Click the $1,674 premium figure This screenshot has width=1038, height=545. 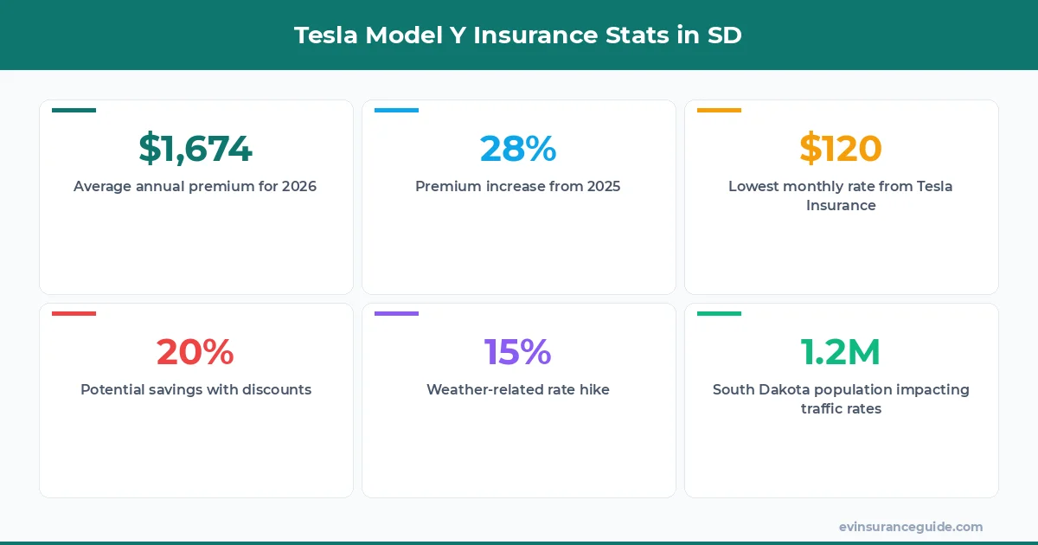coord(195,149)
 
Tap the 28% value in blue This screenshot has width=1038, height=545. coord(518,149)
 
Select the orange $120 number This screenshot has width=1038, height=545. coord(841,149)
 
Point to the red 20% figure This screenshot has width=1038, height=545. coord(195,352)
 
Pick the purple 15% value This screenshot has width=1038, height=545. coord(518,352)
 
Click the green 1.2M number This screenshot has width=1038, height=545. coord(841,352)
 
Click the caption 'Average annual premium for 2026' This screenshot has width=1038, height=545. coord(195,186)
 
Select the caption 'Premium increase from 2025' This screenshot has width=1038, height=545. coord(518,186)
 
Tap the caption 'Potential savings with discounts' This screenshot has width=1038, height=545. coord(195,389)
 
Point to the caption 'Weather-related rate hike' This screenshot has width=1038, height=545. coord(518,389)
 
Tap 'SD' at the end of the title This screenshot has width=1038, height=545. coord(725,35)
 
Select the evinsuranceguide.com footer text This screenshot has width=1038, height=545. coord(911,526)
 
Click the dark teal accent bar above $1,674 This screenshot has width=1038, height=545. coord(74,110)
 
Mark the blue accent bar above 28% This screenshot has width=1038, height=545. coord(396,110)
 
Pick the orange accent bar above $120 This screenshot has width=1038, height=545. coord(719,110)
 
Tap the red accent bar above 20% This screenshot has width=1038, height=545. coord(74,313)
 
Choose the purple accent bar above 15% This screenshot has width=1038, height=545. coord(396,313)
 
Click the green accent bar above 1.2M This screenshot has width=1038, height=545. coord(719,313)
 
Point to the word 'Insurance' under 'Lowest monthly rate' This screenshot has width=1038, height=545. coord(841,206)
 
